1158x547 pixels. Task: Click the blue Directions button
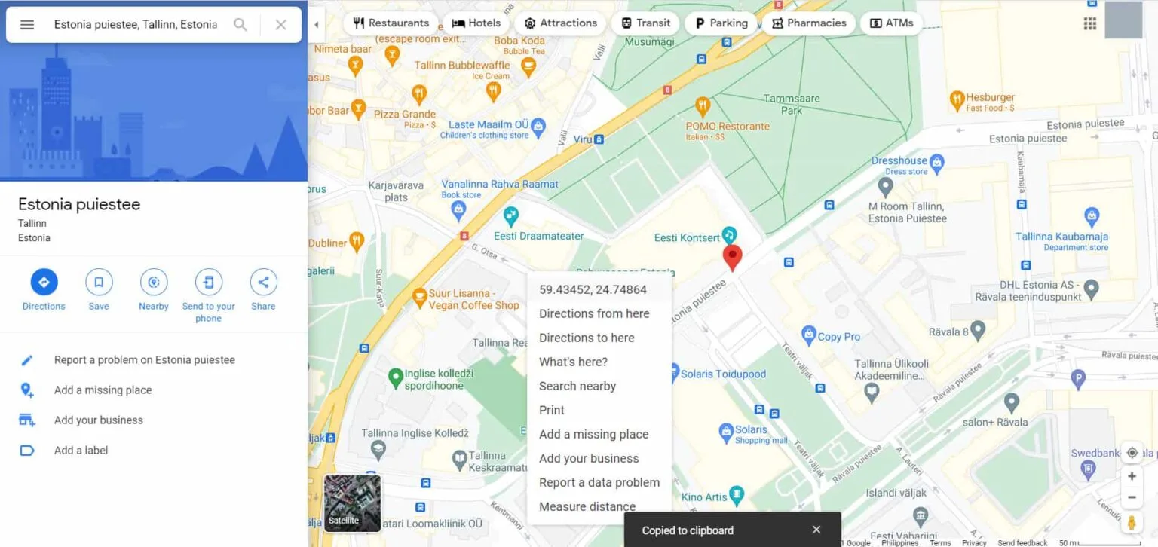point(44,283)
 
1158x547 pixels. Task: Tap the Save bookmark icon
point(99,283)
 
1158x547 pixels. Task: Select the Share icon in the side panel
point(263,283)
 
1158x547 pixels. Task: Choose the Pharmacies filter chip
point(809,23)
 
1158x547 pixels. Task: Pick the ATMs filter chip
point(892,23)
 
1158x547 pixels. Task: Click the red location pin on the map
point(732,257)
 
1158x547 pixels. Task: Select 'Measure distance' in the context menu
point(587,506)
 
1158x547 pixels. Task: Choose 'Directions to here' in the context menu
point(587,338)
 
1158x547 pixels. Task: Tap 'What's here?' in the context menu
point(573,362)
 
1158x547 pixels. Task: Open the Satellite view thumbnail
point(352,503)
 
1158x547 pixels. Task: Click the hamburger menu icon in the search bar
point(27,25)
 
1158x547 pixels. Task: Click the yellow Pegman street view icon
point(1132,522)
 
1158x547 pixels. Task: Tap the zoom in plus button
point(1132,476)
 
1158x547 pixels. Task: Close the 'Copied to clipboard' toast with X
point(816,530)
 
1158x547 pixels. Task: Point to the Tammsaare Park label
point(792,104)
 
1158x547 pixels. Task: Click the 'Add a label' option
point(81,451)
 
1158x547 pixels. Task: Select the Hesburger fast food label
point(990,98)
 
